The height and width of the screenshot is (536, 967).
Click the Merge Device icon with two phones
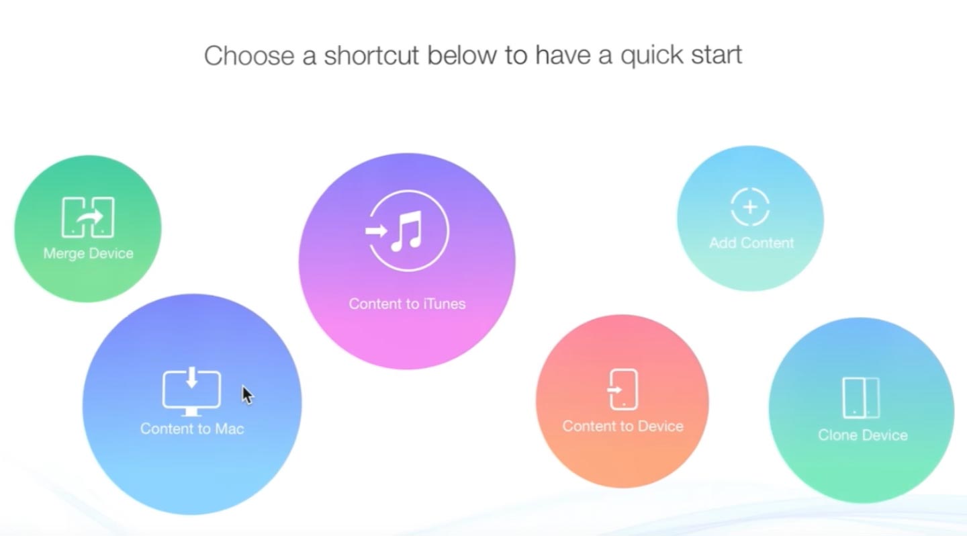(88, 217)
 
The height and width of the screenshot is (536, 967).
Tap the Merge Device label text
(89, 253)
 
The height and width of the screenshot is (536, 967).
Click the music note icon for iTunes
(407, 230)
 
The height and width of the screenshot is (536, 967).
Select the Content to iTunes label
(407, 304)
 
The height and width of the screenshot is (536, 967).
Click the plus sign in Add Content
(750, 208)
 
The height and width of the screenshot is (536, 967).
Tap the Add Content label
(751, 243)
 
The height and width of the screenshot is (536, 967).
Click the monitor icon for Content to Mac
(191, 392)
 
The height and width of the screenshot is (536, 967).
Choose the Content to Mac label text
(192, 429)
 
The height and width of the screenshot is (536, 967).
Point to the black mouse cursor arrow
(247, 395)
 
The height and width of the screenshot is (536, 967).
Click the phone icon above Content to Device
(623, 389)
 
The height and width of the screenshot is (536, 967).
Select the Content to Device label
(623, 427)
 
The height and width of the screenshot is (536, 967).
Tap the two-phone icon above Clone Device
(861, 398)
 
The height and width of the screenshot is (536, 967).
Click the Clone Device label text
(863, 435)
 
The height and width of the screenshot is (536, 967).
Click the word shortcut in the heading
(371, 55)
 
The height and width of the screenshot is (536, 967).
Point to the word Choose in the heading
(249, 55)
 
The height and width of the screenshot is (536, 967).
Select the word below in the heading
(462, 55)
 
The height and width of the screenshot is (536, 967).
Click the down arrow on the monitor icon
(191, 377)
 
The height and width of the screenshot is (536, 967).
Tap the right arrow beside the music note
(376, 231)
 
